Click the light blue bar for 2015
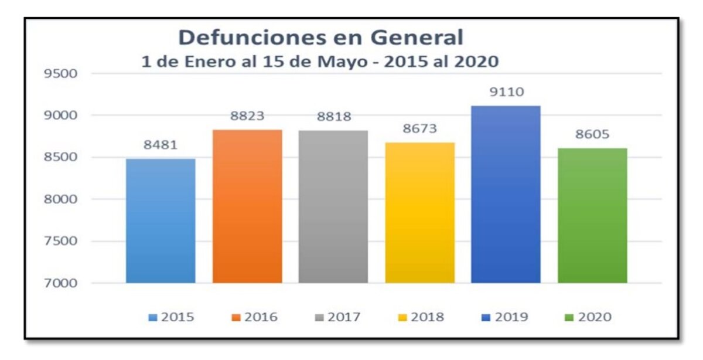(x=161, y=221)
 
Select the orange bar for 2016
(x=247, y=206)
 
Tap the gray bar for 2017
(x=333, y=207)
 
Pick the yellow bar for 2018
(x=420, y=213)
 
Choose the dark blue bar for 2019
(x=506, y=195)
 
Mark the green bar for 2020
(x=592, y=216)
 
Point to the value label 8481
(x=161, y=145)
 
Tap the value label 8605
(x=592, y=134)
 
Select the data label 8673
(x=420, y=129)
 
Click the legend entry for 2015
(x=172, y=317)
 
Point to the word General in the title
(x=418, y=38)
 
